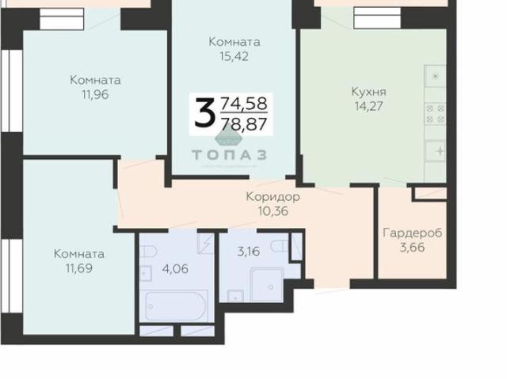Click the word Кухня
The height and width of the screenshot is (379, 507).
368,91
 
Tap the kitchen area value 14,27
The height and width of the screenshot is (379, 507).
368,105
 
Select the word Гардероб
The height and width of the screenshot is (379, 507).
412,233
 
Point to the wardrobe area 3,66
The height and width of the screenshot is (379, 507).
412,248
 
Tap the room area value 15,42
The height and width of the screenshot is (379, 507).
234,56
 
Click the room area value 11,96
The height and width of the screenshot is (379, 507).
94,94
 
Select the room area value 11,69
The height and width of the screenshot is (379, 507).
78,268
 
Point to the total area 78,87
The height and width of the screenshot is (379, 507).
243,123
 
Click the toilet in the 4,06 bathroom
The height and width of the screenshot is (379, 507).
147,252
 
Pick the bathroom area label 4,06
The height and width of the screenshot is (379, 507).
174,267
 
